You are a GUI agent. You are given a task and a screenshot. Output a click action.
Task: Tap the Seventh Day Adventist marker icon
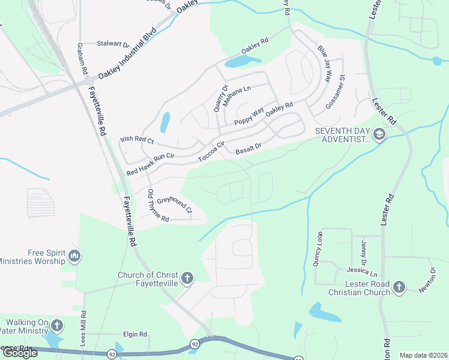tap(379, 134)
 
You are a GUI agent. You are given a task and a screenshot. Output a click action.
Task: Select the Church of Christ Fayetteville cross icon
tap(187, 278)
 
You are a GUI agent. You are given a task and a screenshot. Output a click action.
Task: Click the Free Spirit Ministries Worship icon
tap(74, 257)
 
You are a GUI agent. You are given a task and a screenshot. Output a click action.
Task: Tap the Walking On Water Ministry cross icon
tap(57, 326)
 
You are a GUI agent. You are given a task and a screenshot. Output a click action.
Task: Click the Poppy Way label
tap(249, 116)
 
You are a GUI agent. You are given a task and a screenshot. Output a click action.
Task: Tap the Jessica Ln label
tap(366, 272)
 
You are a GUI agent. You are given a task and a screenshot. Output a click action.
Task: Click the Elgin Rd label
tap(135, 334)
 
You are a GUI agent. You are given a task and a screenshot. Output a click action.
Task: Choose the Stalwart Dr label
tap(113, 44)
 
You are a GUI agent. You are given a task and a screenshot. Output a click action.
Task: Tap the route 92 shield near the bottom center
tap(195, 344)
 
